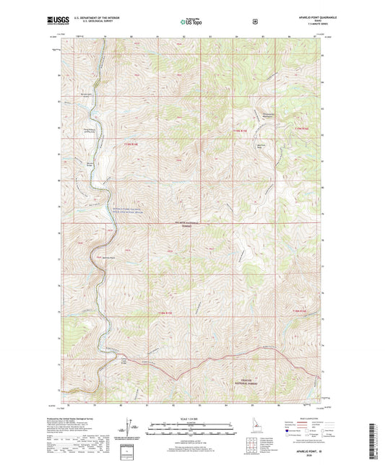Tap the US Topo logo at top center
[x=192, y=22]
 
